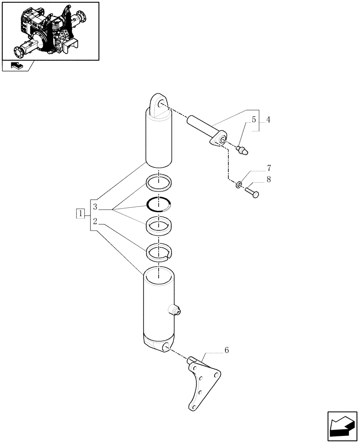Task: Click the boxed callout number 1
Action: click(80, 214)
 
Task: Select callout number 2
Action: click(95, 221)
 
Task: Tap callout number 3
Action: click(95, 207)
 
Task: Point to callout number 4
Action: click(268, 120)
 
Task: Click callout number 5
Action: click(254, 120)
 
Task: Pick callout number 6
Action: click(227, 350)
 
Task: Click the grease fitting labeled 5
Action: click(243, 150)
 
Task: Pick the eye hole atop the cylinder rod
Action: click(159, 103)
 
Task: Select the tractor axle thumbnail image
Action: click(50, 31)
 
